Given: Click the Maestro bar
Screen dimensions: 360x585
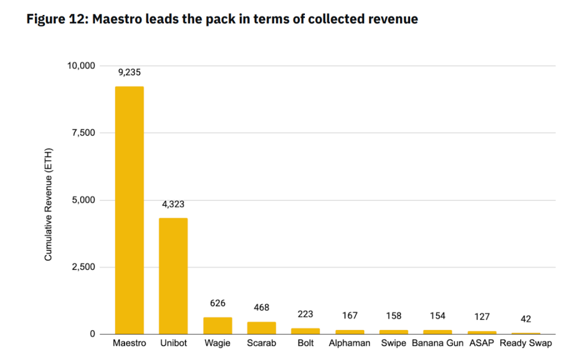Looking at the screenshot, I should coord(129,210).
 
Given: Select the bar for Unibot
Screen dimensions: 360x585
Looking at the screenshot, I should coord(173,276).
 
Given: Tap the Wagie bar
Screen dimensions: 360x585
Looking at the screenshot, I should coord(218,326).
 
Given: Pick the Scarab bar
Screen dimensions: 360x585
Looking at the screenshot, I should coord(261,328).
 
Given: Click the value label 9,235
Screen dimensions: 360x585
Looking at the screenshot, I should coord(129,72).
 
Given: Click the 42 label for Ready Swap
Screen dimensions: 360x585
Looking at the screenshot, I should coord(526,319).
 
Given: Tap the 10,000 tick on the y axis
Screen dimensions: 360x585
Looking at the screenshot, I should coord(81,66).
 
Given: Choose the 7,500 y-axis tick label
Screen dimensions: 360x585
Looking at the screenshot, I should coord(83,133).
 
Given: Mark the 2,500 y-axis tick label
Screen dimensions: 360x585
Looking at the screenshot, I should coord(83,267).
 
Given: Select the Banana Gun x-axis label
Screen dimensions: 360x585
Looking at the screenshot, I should coord(437,343).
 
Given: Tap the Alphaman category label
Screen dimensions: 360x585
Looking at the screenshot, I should coord(349,343).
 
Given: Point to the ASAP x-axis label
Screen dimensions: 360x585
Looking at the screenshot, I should coord(482,343).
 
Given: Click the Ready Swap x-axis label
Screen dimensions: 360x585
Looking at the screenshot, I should coord(526,343).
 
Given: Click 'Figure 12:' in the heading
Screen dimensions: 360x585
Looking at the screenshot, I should coord(57,20).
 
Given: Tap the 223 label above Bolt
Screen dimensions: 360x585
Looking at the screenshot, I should coord(306,314).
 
